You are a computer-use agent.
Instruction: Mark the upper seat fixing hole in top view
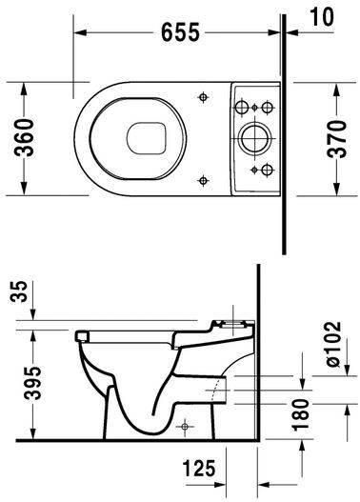coord(204,95)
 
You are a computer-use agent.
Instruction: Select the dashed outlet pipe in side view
coord(218,388)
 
